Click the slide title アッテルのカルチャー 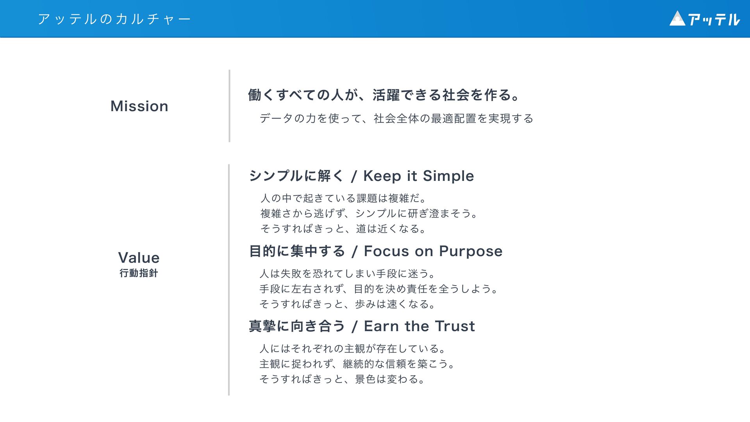pos(114,19)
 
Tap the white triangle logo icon pos(677,19)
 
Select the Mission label pos(139,106)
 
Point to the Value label pos(139,258)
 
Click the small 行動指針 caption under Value pos(139,273)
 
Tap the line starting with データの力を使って pos(396,118)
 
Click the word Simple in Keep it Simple pos(448,176)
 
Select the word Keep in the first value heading pos(382,176)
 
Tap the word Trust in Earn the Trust pos(455,326)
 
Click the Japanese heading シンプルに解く pos(296,176)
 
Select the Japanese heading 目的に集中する pos(297,251)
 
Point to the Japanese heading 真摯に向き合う pos(297,326)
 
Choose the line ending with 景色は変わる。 pos(343,379)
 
